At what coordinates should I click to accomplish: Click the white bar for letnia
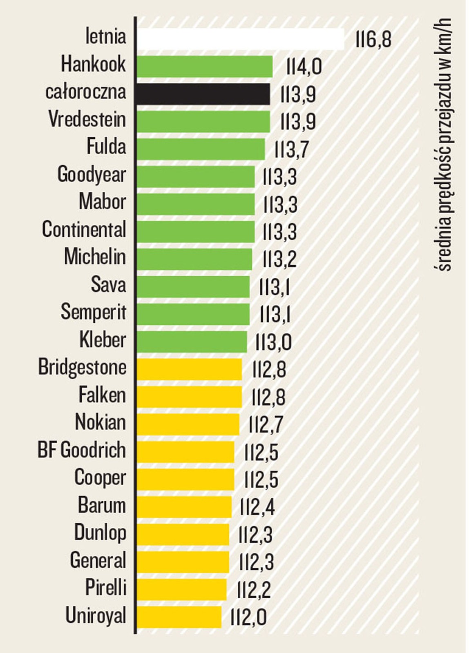(x=240, y=39)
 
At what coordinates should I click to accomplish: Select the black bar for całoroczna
(x=203, y=94)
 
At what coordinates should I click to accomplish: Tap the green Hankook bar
(x=205, y=67)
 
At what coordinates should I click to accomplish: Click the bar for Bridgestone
(x=189, y=369)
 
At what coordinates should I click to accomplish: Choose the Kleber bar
(x=192, y=342)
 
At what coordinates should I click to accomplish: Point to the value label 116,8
(x=373, y=40)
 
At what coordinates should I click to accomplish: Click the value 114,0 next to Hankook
(x=304, y=67)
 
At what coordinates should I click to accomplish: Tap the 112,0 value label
(x=248, y=617)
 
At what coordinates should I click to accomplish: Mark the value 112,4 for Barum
(x=257, y=507)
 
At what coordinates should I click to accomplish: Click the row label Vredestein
(x=87, y=119)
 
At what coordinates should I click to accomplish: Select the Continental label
(x=84, y=229)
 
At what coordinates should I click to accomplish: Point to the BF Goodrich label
(x=82, y=450)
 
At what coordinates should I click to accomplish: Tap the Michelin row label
(x=95, y=257)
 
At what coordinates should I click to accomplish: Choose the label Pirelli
(x=106, y=588)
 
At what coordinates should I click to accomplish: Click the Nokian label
(x=100, y=422)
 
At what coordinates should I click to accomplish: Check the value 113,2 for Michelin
(x=280, y=260)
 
